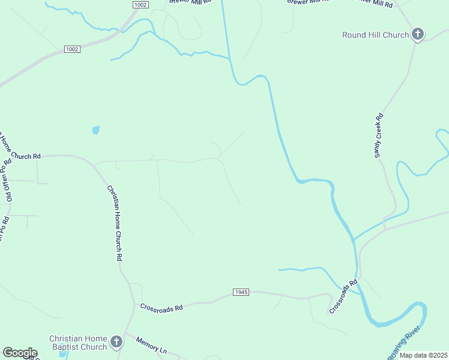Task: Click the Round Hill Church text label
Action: coord(375,35)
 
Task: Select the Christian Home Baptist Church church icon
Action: coord(116,343)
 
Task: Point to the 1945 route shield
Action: coord(240,292)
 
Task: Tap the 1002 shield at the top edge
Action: coord(140,4)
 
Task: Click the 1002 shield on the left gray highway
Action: coord(72,49)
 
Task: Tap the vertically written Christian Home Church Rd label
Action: coord(115,222)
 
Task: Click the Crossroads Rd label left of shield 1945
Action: coord(161,307)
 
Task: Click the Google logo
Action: coord(19,353)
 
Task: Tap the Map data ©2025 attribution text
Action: coord(423,355)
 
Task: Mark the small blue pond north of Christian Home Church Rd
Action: coord(95,130)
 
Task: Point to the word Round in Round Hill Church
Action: coord(354,35)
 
